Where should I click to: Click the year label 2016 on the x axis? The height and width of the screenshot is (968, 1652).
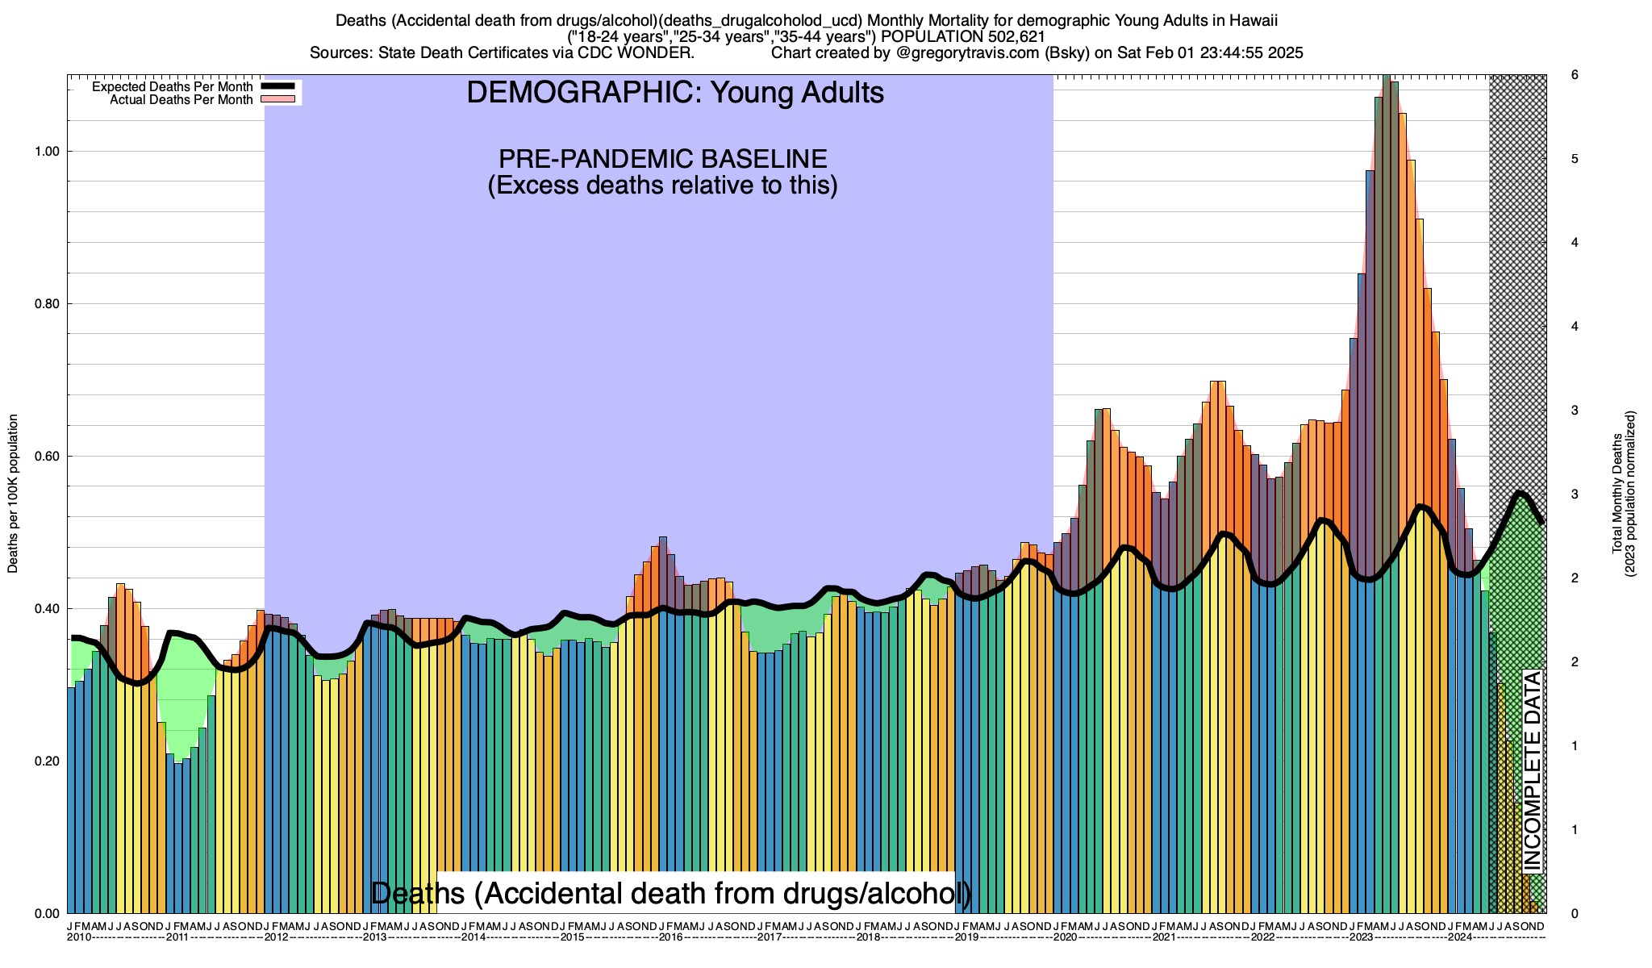(670, 937)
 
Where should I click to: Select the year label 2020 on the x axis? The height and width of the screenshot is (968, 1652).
(1065, 937)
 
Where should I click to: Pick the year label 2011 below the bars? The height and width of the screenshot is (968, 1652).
(177, 937)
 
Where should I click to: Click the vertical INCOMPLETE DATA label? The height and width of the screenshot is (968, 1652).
(1532, 770)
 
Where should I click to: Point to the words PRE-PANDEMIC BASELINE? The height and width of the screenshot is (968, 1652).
(662, 158)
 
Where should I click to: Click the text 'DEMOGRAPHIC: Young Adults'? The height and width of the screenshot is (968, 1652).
(675, 93)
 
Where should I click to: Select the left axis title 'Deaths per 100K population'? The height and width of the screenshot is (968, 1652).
(13, 494)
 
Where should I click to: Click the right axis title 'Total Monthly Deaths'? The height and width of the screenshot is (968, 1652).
(1617, 494)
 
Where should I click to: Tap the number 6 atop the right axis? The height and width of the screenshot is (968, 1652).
(1574, 75)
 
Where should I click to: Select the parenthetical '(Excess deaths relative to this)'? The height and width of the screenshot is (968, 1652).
(662, 186)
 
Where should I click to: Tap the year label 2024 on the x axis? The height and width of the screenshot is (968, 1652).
(1459, 937)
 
